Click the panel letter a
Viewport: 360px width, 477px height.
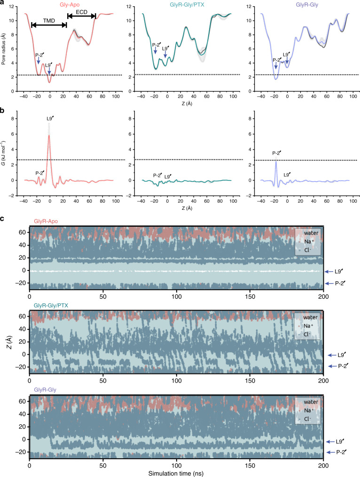pyautogui.click(x=3, y=3)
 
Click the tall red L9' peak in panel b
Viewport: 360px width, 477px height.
pyautogui.click(x=49, y=136)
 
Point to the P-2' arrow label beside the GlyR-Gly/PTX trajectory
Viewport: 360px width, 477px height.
pyautogui.click(x=342, y=366)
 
